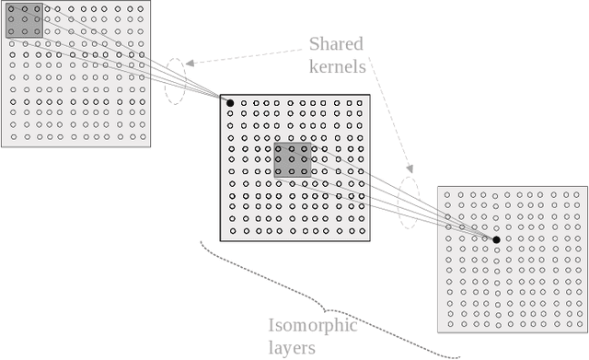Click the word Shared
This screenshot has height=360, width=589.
[x=336, y=44]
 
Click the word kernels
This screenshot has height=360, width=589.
[x=336, y=66]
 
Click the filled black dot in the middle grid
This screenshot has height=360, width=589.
[x=230, y=102]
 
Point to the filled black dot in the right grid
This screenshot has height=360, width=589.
[x=496, y=239]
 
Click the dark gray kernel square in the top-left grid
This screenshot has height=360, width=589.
[x=25, y=20]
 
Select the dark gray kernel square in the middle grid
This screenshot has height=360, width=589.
[x=294, y=159]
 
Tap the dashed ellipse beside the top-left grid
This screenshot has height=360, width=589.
[x=175, y=81]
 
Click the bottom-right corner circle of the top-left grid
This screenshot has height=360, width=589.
[x=141, y=136]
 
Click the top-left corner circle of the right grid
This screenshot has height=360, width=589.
[x=448, y=195]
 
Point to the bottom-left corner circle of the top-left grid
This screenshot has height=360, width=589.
[x=13, y=136]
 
